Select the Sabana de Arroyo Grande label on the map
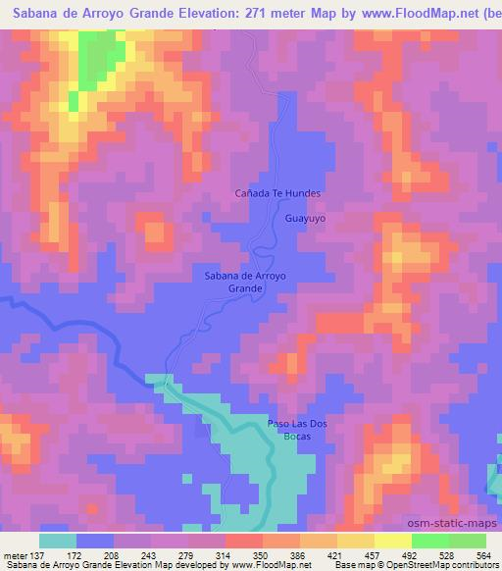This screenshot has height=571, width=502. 245,283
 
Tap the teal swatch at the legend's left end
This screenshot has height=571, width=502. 58,541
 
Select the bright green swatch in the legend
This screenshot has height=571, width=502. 429,541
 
